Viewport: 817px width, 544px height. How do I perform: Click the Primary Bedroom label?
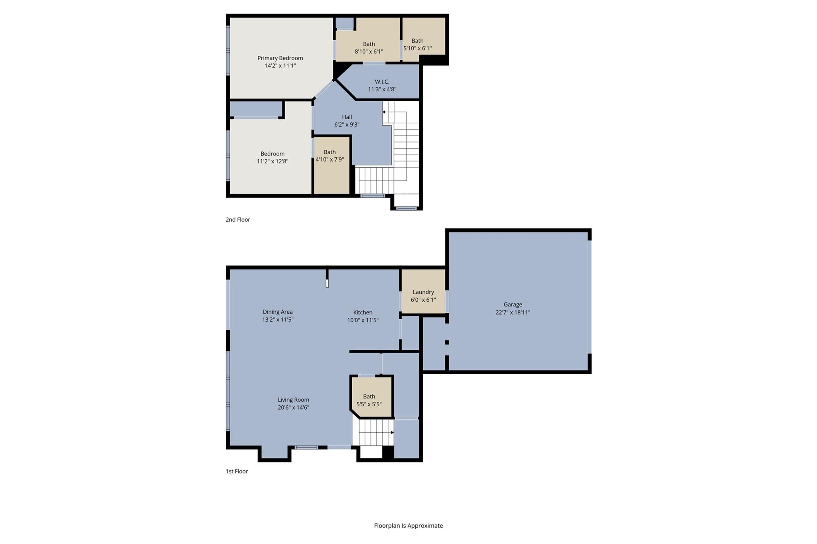tap(280, 58)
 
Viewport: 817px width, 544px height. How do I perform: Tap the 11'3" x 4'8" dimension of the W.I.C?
tap(382, 89)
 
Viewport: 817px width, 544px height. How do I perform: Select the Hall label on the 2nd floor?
tap(347, 117)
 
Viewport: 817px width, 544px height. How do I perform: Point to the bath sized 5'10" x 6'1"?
tap(417, 44)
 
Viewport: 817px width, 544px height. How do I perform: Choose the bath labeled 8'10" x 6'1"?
tap(369, 47)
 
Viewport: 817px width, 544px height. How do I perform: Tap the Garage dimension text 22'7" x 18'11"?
tap(513, 312)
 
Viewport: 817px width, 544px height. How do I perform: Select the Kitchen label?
tap(363, 312)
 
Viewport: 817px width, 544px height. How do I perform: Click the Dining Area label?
tap(278, 312)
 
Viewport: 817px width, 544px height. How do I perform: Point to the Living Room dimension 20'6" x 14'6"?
tap(294, 407)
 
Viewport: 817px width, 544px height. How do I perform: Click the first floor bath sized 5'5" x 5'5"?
tap(369, 400)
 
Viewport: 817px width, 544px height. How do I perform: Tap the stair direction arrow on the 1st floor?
tap(392, 432)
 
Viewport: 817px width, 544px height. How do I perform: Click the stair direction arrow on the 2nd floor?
tap(384, 112)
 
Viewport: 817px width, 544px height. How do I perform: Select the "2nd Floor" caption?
tap(238, 220)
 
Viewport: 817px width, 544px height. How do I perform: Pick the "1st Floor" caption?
tap(237, 471)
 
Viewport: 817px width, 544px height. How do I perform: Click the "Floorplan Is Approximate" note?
tap(408, 526)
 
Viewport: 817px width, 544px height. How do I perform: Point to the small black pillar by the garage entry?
tap(447, 342)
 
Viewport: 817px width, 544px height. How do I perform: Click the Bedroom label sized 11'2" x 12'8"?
tap(272, 154)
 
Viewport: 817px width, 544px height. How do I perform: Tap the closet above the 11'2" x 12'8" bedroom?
tap(256, 109)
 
